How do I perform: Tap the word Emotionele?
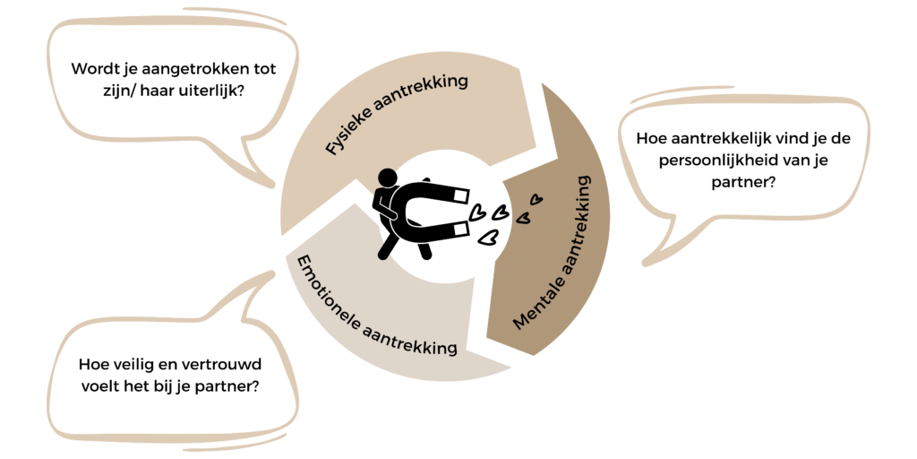point(326,293)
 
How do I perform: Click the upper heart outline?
point(535,201)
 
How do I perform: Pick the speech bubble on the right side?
point(743,161)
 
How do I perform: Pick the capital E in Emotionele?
point(302,265)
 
